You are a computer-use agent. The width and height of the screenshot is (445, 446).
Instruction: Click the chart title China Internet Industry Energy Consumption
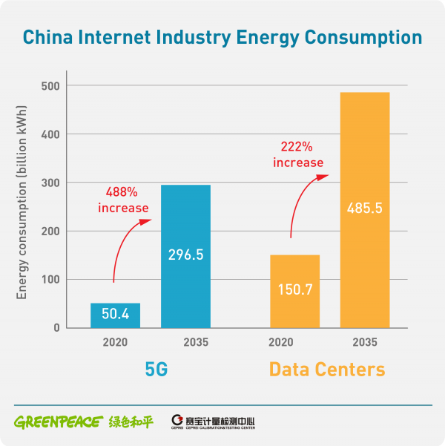tap(222, 36)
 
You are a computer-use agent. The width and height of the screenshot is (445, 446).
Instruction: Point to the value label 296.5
tap(185, 255)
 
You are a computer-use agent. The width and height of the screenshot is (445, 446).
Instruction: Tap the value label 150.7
tap(294, 289)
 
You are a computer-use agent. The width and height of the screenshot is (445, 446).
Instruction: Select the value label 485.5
tap(365, 209)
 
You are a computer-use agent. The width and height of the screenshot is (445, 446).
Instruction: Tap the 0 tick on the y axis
tap(56, 328)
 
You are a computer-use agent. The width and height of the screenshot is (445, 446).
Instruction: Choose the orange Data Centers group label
tap(327, 369)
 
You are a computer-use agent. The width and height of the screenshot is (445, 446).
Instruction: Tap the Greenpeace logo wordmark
tap(57, 422)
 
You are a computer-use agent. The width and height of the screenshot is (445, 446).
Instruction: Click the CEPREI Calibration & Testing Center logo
tap(213, 422)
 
